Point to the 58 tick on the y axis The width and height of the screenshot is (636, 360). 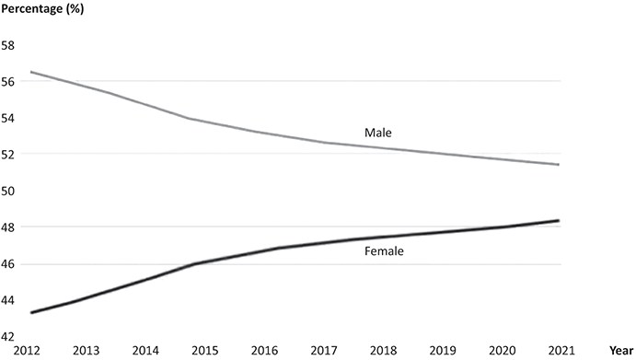click(x=8, y=44)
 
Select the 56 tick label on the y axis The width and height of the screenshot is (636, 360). click(x=8, y=81)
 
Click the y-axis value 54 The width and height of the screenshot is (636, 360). click(x=8, y=118)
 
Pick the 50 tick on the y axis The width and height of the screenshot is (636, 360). click(x=8, y=191)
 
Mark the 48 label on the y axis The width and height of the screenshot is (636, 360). click(x=8, y=226)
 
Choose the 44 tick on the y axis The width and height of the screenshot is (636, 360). click(x=8, y=300)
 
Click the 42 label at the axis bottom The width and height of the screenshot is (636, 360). click(x=8, y=337)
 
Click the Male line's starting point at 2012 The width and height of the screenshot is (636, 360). click(x=31, y=72)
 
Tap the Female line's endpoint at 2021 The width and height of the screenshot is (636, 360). click(x=560, y=221)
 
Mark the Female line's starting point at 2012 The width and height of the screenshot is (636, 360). click(x=31, y=313)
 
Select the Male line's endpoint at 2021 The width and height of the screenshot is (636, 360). click(x=560, y=165)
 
